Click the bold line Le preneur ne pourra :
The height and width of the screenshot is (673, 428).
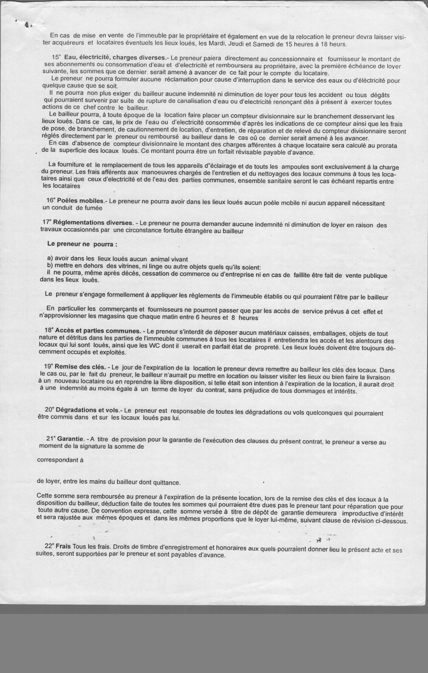click(x=82, y=244)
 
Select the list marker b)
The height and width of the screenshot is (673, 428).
click(x=50, y=265)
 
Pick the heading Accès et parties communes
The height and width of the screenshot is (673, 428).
click(x=98, y=331)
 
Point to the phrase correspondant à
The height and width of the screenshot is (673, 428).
click(x=60, y=460)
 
